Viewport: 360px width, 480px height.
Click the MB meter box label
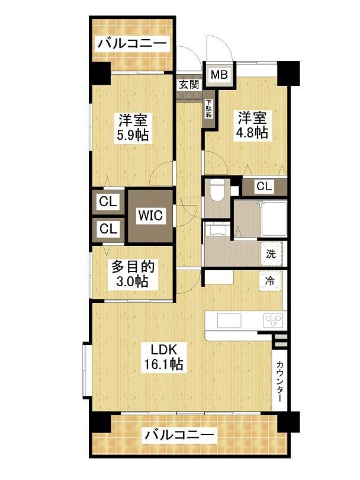[x=219, y=75]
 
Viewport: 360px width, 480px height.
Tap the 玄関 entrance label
[x=189, y=84]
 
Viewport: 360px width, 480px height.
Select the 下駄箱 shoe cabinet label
[x=209, y=108]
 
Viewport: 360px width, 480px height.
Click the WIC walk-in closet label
[x=150, y=215]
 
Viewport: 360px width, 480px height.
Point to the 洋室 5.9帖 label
[x=133, y=127]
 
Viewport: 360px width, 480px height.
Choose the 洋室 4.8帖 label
[x=252, y=125]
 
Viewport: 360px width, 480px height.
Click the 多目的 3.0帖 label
[x=133, y=274]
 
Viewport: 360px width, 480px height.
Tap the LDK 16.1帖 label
[x=163, y=357]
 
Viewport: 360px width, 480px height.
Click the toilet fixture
[x=217, y=190]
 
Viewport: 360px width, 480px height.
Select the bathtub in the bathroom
[x=274, y=218]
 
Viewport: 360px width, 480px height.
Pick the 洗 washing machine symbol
[x=271, y=254]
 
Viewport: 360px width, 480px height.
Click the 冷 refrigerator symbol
[x=270, y=281]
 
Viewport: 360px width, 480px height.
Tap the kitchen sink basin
[x=229, y=321]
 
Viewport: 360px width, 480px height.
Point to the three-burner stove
[x=274, y=321]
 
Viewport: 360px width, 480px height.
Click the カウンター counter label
[x=279, y=381]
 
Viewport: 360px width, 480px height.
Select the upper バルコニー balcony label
[x=133, y=43]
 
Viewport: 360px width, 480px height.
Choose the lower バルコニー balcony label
[x=179, y=435]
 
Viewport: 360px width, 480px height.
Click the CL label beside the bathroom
[x=264, y=186]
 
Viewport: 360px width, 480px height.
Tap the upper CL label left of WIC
[x=108, y=201]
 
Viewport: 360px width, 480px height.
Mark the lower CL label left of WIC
[x=108, y=228]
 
